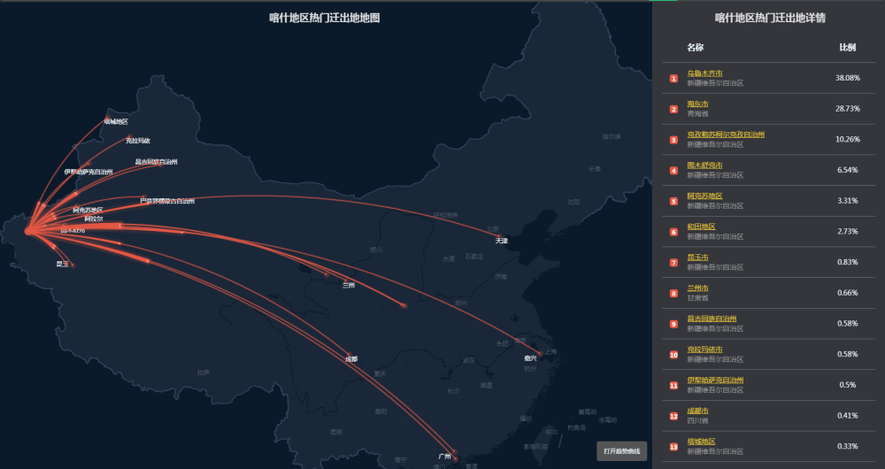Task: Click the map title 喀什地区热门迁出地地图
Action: click(x=325, y=18)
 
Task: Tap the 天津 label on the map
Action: click(x=502, y=241)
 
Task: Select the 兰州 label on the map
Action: click(x=349, y=285)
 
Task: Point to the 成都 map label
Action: click(x=351, y=359)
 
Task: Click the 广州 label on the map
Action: click(x=444, y=457)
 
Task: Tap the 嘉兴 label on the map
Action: click(x=530, y=358)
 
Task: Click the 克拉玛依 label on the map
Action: click(x=138, y=141)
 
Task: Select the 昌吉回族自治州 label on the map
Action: click(x=156, y=162)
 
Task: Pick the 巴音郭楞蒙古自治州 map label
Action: click(x=167, y=201)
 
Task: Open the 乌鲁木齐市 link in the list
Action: click(x=704, y=73)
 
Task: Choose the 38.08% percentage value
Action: click(x=848, y=78)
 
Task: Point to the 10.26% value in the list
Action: click(x=848, y=139)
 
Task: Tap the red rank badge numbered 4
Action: click(x=673, y=171)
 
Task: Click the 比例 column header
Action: click(x=847, y=47)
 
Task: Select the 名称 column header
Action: click(x=695, y=47)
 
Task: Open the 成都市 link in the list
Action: click(x=697, y=411)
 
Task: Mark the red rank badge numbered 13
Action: click(x=673, y=447)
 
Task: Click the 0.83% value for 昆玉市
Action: click(x=848, y=262)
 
